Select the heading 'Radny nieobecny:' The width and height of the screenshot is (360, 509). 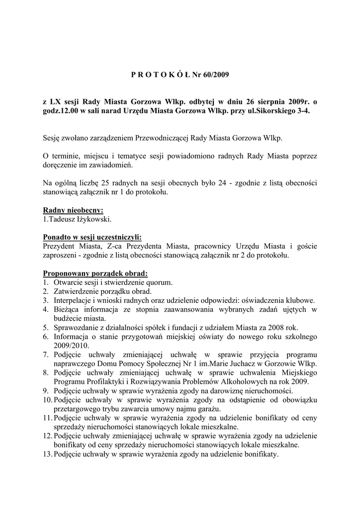click(73, 210)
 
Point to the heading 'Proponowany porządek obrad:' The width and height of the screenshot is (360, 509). click(95, 273)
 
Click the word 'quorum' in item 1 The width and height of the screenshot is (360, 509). click(159, 282)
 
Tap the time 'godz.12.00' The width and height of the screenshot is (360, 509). click(62, 111)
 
